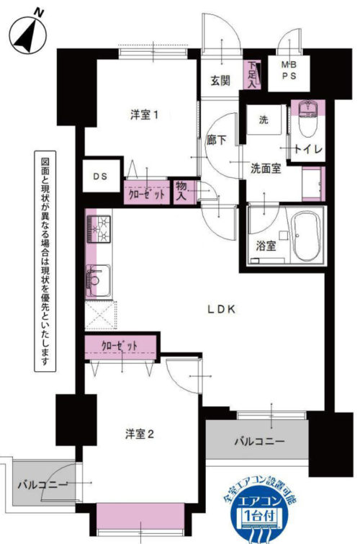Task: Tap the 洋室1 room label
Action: pyautogui.click(x=144, y=115)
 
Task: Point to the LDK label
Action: pyautogui.click(x=222, y=309)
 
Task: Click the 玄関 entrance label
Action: pyautogui.click(x=220, y=81)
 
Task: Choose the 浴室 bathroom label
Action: pyautogui.click(x=266, y=246)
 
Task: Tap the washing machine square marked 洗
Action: pyautogui.click(x=264, y=120)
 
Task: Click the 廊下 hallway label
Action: pyautogui.click(x=217, y=141)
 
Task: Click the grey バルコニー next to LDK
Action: pyautogui.click(x=259, y=439)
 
